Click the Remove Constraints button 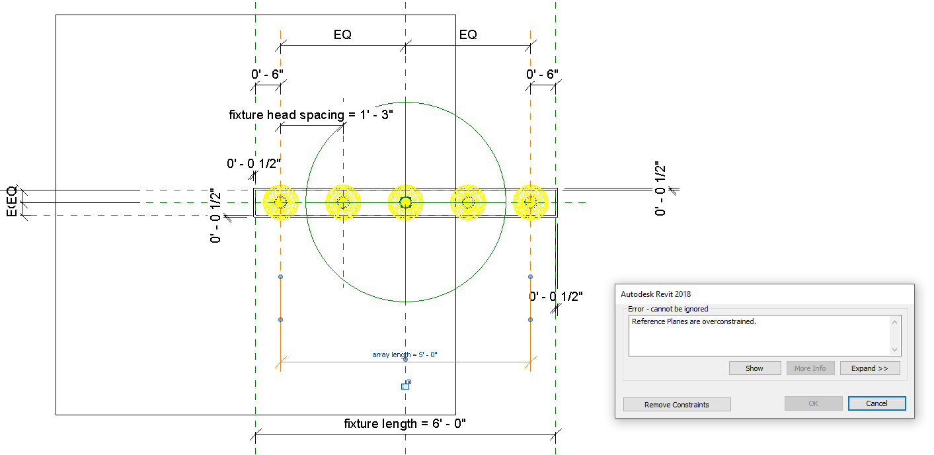pyautogui.click(x=677, y=405)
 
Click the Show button pyautogui.click(x=754, y=368)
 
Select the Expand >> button pyautogui.click(x=869, y=368)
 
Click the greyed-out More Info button pyautogui.click(x=810, y=368)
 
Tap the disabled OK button pyautogui.click(x=813, y=403)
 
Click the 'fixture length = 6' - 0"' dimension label pyautogui.click(x=405, y=423)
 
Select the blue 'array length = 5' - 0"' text pyautogui.click(x=405, y=354)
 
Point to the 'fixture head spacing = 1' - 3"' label pyautogui.click(x=311, y=114)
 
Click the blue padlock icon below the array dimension pyautogui.click(x=406, y=384)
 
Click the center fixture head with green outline pyautogui.click(x=405, y=202)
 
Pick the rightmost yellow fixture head pyautogui.click(x=530, y=202)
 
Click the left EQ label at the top pyautogui.click(x=342, y=35)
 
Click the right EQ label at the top pyautogui.click(x=468, y=35)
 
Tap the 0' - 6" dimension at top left pyautogui.click(x=268, y=74)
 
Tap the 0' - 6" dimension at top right pyautogui.click(x=542, y=74)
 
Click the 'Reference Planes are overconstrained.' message pyautogui.click(x=693, y=322)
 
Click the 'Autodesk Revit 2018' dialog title pyautogui.click(x=656, y=294)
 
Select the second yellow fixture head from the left pyautogui.click(x=342, y=202)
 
